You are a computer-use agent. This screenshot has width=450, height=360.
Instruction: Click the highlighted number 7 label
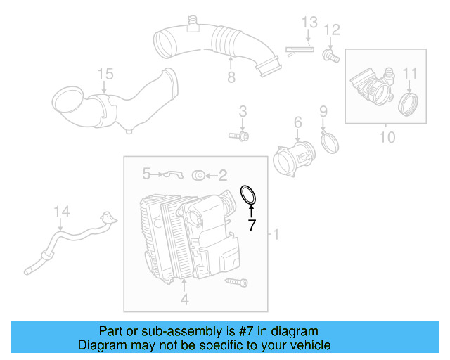(x=251, y=225)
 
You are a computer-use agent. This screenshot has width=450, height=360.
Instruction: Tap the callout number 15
(x=105, y=73)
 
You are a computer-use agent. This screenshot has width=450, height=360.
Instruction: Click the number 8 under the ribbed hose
(x=231, y=77)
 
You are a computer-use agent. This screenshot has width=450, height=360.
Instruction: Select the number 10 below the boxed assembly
(x=387, y=137)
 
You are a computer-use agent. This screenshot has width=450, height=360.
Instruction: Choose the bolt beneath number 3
(x=238, y=134)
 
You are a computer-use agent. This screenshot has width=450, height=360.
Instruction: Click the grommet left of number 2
(x=198, y=173)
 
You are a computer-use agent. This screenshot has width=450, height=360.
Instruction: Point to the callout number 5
(x=147, y=172)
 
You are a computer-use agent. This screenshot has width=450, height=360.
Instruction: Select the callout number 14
(x=62, y=210)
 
